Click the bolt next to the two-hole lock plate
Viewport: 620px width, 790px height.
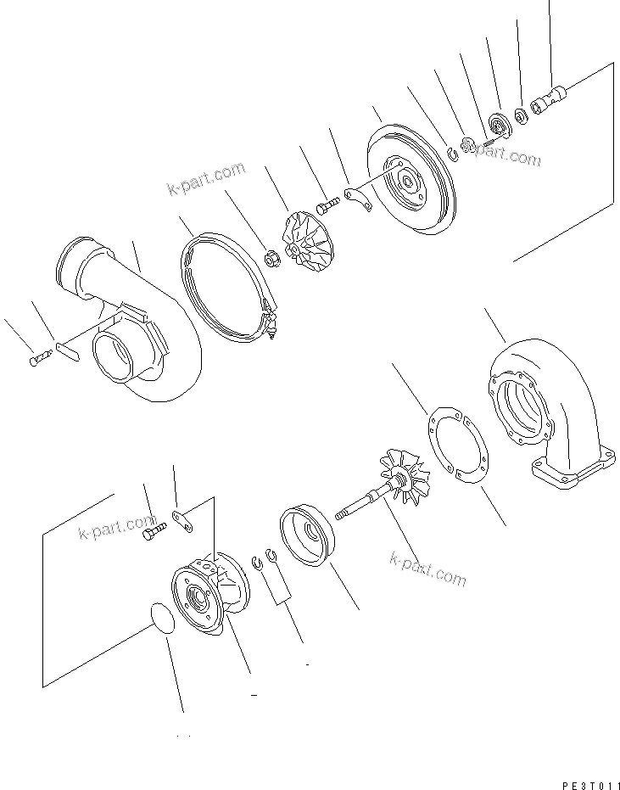tap(154, 532)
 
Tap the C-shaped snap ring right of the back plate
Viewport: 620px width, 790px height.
tap(453, 153)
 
